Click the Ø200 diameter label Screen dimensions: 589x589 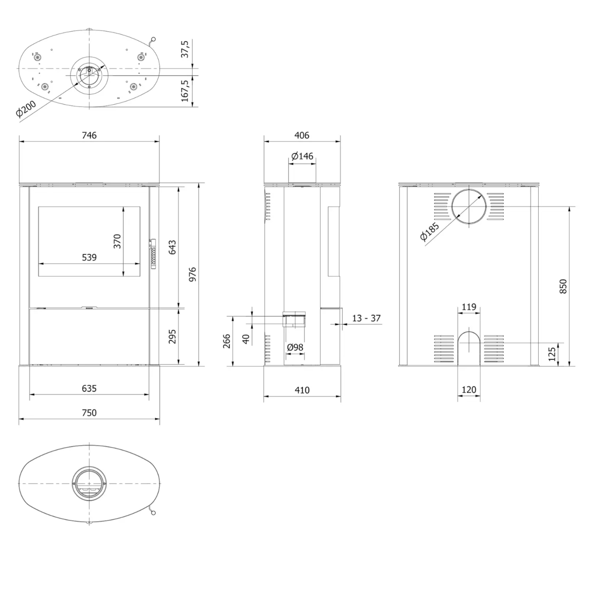[x=26, y=109]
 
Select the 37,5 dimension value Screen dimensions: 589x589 [x=185, y=49]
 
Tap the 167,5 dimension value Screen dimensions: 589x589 [x=185, y=91]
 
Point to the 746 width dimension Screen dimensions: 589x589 [x=89, y=135]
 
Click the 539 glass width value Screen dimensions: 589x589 [x=89, y=257]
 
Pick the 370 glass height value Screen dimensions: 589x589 [x=117, y=241]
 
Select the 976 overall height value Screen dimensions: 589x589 [x=193, y=275]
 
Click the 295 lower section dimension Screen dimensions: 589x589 [x=172, y=336]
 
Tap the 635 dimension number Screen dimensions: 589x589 [x=89, y=388]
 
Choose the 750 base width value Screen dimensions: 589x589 [x=89, y=413]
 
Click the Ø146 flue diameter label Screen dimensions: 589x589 [x=302, y=156]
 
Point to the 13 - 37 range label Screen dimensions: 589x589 [x=366, y=318]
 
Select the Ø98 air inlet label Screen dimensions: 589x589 [x=295, y=348]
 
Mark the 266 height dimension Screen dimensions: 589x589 [x=227, y=341]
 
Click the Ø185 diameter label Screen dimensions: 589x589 [x=430, y=232]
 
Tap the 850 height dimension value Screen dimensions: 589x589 [x=563, y=286]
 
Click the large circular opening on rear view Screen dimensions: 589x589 [x=469, y=207]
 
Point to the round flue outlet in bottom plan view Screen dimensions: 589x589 [x=89, y=483]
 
